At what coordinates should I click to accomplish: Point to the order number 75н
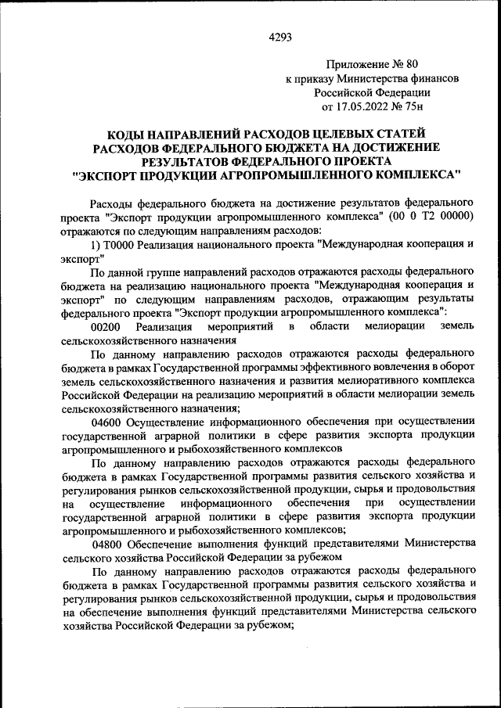coord(421,106)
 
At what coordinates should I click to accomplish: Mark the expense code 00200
coord(105,326)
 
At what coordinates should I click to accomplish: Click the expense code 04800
coord(107,544)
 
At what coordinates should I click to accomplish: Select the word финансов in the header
coord(435,78)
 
